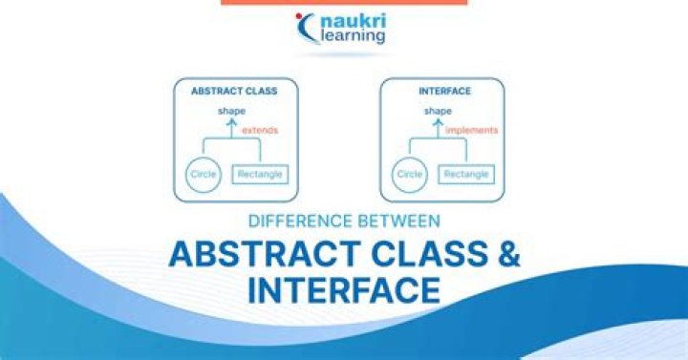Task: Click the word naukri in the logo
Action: point(354,18)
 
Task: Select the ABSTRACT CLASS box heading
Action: point(235,92)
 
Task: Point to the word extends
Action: point(260,130)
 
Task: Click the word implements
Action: point(472,130)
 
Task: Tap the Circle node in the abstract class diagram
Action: point(203,175)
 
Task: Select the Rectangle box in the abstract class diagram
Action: point(261,175)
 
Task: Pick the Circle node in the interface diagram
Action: point(409,175)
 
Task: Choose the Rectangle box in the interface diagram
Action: point(467,175)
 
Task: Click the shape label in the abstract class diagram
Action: point(231,111)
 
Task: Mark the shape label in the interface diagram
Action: point(438,111)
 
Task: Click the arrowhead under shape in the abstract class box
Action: point(231,122)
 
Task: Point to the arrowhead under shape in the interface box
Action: point(438,122)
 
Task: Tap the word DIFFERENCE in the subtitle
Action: point(300,221)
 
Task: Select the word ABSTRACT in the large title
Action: point(254,253)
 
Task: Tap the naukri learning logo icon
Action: point(308,27)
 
